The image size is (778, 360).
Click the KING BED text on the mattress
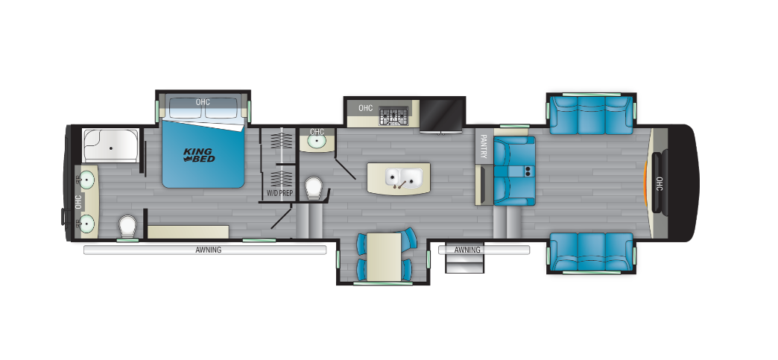[199, 155]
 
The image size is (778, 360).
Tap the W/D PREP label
[280, 193]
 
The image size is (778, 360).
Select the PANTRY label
[484, 147]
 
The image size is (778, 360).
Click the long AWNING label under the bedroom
[209, 250]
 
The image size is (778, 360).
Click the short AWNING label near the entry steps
[467, 250]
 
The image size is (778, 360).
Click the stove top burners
[393, 116]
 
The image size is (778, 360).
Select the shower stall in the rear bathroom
[110, 145]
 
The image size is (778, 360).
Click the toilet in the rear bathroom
[127, 227]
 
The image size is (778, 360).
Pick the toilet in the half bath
[314, 188]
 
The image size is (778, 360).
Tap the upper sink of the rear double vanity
[87, 180]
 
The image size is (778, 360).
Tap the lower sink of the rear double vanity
[87, 224]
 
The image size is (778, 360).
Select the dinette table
[384, 256]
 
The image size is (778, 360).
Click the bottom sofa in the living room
[591, 252]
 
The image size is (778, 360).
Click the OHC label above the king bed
[203, 102]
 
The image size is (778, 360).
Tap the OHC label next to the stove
[365, 108]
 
